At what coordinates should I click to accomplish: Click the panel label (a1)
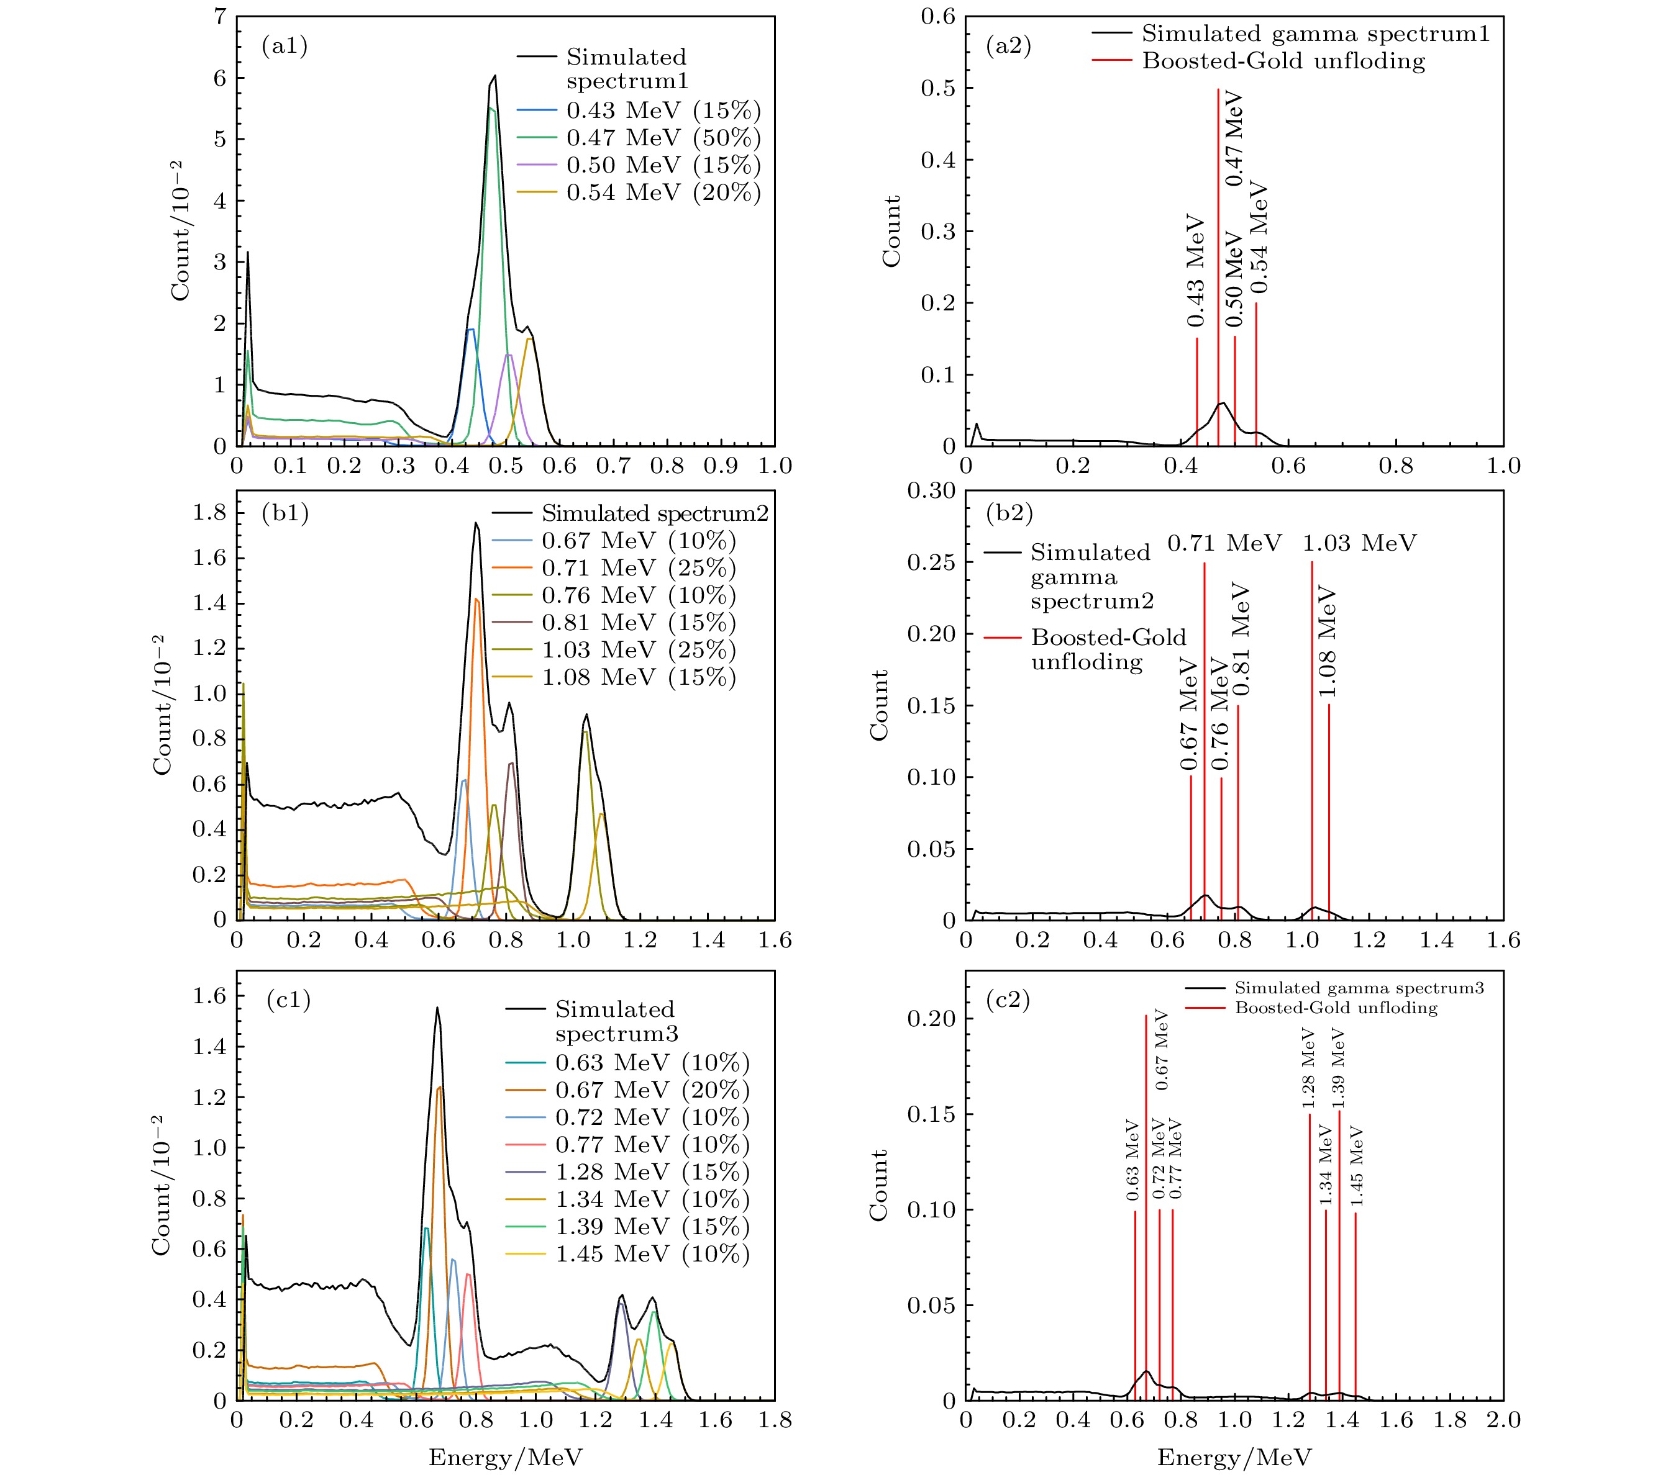point(284,47)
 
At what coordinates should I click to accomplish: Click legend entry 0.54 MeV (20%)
point(663,192)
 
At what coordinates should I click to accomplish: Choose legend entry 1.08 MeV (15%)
point(638,677)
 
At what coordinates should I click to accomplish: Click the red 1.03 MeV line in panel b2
point(1311,732)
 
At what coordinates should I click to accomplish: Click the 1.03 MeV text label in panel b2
point(1359,543)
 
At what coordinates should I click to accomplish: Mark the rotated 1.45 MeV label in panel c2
point(1356,1166)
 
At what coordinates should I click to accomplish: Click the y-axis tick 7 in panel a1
point(220,16)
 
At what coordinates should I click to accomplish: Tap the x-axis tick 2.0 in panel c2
point(1503,1420)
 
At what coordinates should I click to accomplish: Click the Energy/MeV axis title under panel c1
point(505,1456)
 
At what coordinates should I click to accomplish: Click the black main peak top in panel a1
point(494,76)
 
